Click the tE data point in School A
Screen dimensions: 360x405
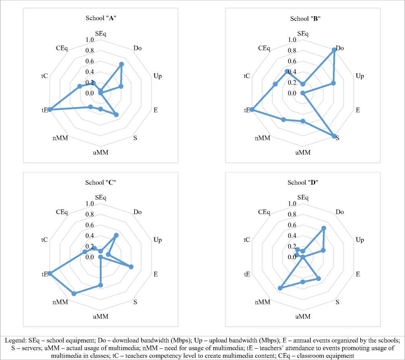50,110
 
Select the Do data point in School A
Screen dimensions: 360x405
122,64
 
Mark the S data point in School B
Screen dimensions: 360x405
334,136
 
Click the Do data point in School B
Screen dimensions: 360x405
334,50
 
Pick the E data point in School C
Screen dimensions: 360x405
131,267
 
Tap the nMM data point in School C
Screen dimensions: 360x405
74,293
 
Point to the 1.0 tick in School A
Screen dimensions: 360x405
90,40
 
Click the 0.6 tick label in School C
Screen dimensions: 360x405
90,225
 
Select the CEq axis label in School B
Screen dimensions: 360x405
264,48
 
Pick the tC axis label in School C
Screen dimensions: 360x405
44,240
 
